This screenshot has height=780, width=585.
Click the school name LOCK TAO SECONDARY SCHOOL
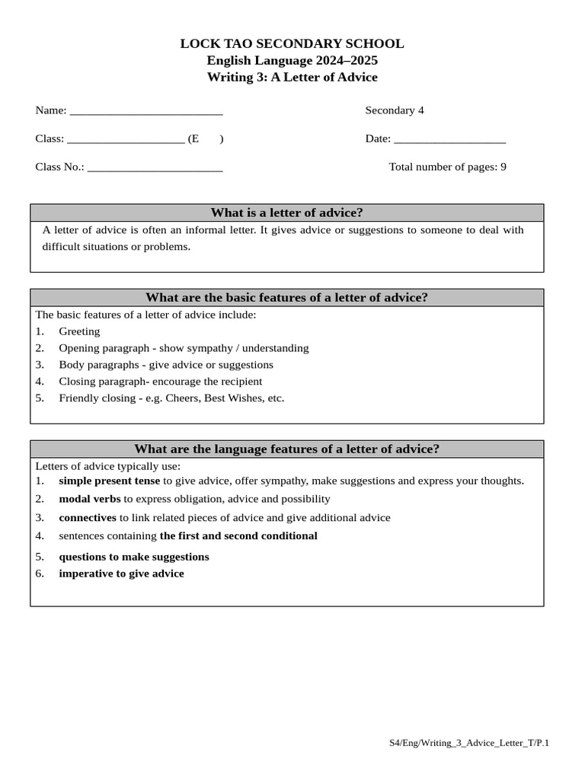coord(292,44)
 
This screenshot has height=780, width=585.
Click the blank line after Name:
coord(145,112)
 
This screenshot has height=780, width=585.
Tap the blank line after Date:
coord(449,140)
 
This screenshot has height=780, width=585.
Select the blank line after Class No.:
coord(155,168)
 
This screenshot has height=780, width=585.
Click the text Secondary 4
coord(395,110)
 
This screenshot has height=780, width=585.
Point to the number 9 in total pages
coord(503,167)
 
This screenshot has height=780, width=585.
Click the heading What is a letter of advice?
coord(286,213)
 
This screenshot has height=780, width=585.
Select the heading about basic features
coord(286,297)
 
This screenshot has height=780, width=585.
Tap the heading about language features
coord(286,449)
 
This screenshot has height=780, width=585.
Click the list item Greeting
coord(79,331)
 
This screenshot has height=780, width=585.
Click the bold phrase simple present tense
coord(110,481)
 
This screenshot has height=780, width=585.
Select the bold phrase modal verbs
coord(90,499)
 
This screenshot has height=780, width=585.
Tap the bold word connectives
coord(88,517)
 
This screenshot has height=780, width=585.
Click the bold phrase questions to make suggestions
coord(134,557)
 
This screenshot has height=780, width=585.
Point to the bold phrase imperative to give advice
coord(121,574)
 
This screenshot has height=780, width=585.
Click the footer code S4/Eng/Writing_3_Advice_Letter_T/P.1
coord(468,743)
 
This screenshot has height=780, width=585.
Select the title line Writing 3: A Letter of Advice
coord(292,77)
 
